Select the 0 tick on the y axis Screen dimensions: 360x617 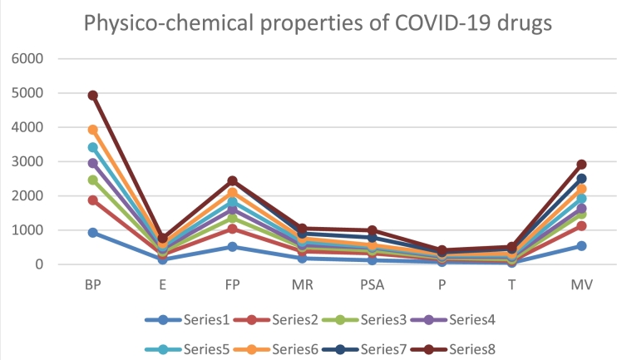click(x=38, y=264)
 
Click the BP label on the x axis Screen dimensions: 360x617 click(x=93, y=284)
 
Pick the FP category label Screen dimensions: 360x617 click(x=233, y=284)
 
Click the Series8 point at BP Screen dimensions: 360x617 click(x=93, y=96)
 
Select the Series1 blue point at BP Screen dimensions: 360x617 click(x=93, y=233)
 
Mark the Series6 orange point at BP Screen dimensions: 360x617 click(x=93, y=130)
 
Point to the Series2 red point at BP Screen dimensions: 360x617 click(x=93, y=200)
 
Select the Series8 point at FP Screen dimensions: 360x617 click(x=233, y=180)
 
